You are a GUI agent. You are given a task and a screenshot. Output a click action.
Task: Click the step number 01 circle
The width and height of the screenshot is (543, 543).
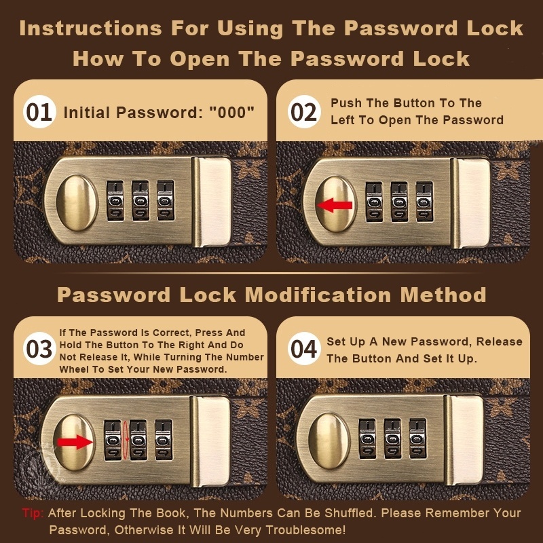[x=39, y=112]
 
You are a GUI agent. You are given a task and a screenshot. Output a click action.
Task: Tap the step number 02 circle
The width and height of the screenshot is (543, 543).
[x=303, y=112]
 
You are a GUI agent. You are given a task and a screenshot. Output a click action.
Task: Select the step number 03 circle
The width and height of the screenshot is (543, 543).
[x=39, y=349]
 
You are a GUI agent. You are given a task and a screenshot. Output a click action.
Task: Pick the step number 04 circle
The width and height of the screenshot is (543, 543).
[x=303, y=349]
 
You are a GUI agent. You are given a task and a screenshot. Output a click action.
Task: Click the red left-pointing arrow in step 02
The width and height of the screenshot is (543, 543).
[x=335, y=205]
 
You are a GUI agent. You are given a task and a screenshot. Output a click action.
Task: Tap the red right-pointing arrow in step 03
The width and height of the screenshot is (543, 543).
[x=75, y=442]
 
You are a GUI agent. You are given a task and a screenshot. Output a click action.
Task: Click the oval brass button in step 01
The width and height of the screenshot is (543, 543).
[x=77, y=202]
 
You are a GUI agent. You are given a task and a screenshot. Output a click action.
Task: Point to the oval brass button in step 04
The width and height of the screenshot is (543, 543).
[x=329, y=441]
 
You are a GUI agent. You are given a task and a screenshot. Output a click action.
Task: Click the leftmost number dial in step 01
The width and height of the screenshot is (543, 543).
[x=115, y=200]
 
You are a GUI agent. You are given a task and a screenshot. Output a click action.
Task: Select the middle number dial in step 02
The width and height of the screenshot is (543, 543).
[x=399, y=202]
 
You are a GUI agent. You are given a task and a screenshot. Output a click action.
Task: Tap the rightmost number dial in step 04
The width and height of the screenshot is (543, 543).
[x=417, y=438]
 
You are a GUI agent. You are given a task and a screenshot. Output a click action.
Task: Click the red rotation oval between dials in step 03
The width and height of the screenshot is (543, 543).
[x=126, y=440]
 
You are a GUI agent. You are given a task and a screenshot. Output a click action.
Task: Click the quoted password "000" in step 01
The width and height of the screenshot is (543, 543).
[x=231, y=112]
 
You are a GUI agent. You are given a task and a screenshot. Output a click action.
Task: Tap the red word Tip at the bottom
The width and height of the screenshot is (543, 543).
[x=33, y=513]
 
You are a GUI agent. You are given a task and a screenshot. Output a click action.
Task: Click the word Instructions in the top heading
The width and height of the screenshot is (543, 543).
[x=91, y=29]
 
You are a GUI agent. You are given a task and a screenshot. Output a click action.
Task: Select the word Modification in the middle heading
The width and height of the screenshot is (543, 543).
[x=318, y=295]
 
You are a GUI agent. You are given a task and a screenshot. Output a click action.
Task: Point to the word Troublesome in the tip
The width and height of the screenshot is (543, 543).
[x=305, y=529]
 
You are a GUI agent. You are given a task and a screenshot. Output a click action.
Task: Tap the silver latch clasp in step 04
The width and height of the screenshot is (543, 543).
[x=464, y=440]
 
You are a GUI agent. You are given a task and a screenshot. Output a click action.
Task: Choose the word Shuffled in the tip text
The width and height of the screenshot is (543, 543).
[x=349, y=513]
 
